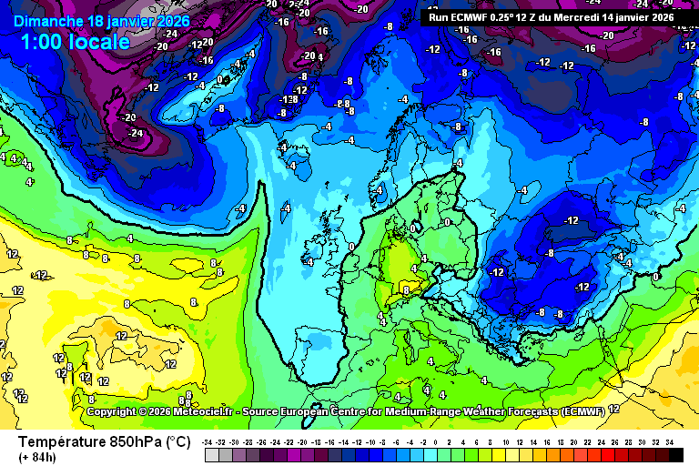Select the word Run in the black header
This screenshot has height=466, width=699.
click(x=439, y=16)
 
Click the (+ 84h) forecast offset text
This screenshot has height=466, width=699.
click(x=36, y=457)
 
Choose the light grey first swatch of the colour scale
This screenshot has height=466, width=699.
click(x=210, y=453)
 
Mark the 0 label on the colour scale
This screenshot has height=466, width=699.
click(x=437, y=441)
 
